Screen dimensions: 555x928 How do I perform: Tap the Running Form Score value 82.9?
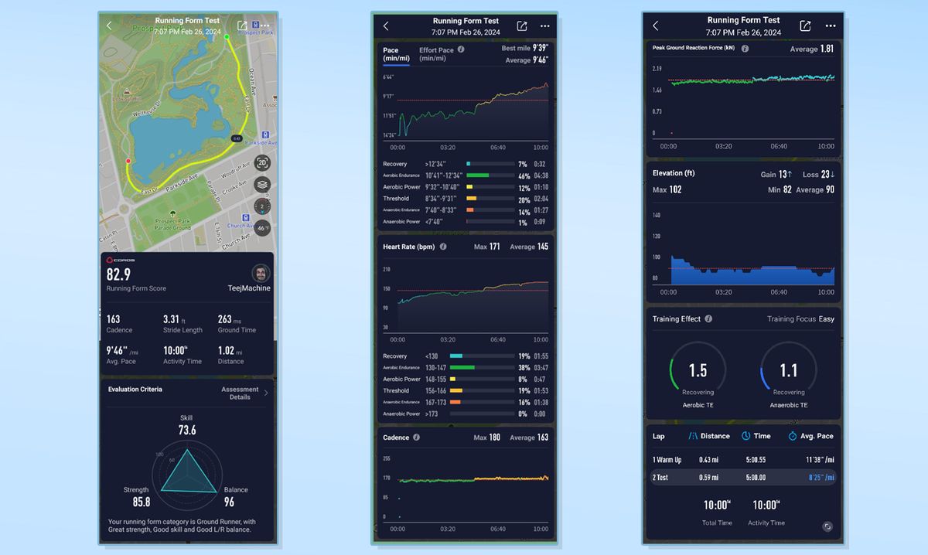[x=118, y=274]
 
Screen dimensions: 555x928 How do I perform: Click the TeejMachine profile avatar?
[x=261, y=273]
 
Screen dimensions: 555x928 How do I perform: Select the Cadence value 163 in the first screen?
[x=114, y=319]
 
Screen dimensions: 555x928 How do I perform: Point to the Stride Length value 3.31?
[x=171, y=319]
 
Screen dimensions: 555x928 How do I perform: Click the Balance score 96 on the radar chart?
[x=229, y=502]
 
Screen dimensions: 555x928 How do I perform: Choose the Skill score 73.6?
[x=187, y=430]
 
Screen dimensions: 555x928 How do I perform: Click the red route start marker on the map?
[x=128, y=161]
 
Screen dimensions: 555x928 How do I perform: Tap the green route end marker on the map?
[x=227, y=36]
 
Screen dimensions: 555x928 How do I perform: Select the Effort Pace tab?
[x=437, y=54]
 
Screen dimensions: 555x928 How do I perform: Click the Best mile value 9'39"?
[x=539, y=48]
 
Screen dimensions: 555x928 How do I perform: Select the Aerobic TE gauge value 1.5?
[x=698, y=371]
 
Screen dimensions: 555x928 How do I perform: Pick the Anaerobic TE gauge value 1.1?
[x=788, y=371]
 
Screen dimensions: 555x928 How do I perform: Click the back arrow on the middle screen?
[x=386, y=26]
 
